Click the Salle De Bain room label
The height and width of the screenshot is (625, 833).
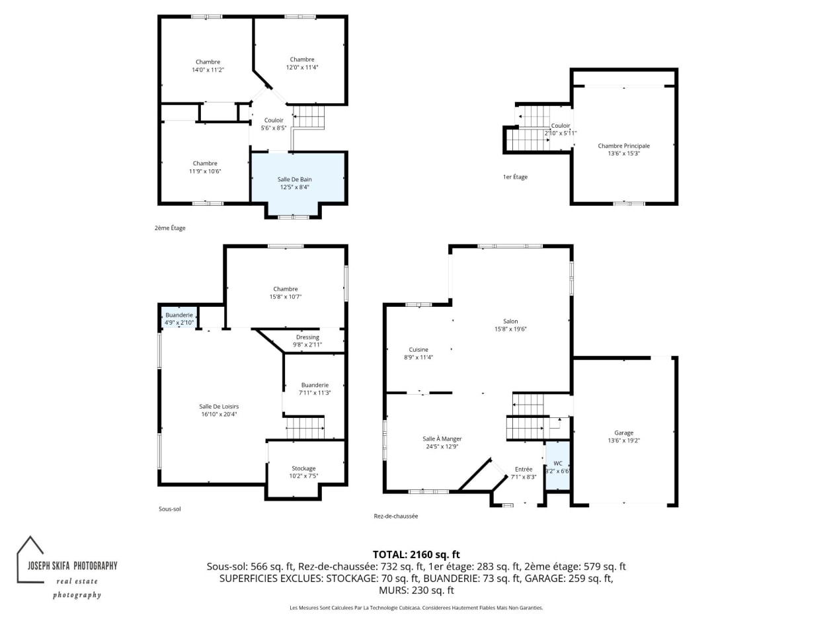point(294,179)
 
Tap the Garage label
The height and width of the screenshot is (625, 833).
point(623,433)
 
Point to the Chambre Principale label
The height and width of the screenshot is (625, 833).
point(623,146)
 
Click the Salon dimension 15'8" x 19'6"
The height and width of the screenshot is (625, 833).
point(510,329)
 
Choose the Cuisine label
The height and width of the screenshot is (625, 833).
point(418,349)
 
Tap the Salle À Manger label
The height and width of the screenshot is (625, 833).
point(442,438)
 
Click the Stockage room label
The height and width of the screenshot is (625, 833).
point(303,468)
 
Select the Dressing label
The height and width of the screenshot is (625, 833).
point(307,337)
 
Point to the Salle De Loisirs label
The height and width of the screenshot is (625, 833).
point(219,407)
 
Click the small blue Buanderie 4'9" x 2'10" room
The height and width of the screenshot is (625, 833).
point(178,317)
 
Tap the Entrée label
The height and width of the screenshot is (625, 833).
point(524,469)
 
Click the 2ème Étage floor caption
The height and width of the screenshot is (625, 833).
point(170,228)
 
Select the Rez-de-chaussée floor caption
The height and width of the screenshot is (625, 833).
point(395,516)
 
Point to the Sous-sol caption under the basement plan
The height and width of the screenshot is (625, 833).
point(169,509)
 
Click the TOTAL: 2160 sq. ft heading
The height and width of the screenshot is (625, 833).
point(416,554)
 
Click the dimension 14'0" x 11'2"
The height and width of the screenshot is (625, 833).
point(208,70)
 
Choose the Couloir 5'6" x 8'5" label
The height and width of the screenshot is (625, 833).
point(273,124)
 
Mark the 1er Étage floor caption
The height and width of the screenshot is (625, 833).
point(514,177)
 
